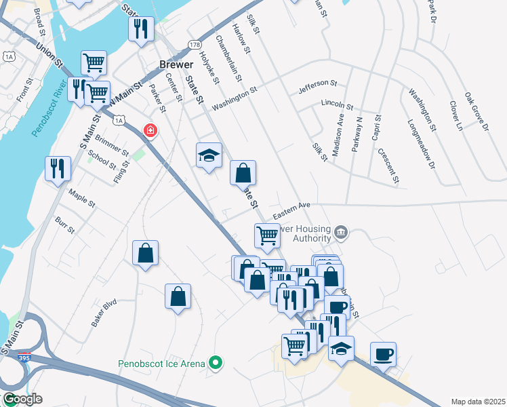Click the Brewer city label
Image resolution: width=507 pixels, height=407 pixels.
(x=171, y=64)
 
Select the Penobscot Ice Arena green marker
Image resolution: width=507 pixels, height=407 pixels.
(x=216, y=364)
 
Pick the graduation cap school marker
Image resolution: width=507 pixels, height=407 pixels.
(x=209, y=156)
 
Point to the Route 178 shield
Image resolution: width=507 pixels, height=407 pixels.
(x=195, y=43)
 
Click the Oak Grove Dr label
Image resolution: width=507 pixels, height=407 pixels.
(x=476, y=112)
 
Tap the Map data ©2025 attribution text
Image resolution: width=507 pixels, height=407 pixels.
(x=477, y=402)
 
